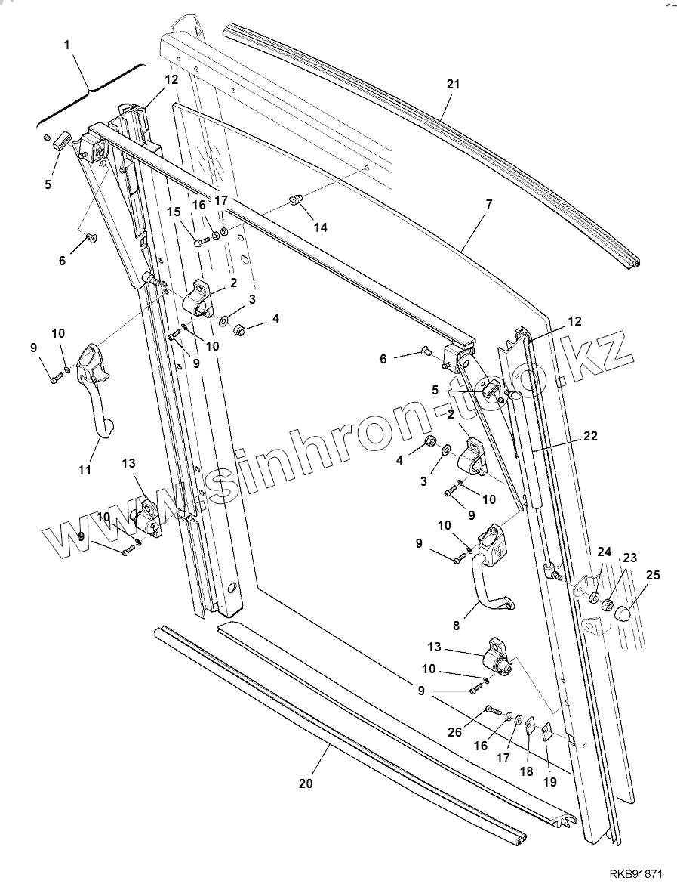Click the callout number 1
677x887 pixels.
[x=67, y=45]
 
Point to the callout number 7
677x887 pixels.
[x=488, y=205]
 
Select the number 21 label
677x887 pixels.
[x=453, y=85]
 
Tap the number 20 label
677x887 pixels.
[x=305, y=784]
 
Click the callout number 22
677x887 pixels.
[x=590, y=436]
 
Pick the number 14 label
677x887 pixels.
[x=321, y=227]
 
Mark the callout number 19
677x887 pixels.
[x=550, y=782]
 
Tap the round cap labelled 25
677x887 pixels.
[x=621, y=613]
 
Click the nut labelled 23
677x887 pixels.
[x=607, y=604]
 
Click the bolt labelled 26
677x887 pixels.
[x=491, y=710]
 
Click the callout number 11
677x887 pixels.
[x=85, y=470]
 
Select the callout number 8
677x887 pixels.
[x=456, y=626]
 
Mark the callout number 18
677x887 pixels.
[x=527, y=771]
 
